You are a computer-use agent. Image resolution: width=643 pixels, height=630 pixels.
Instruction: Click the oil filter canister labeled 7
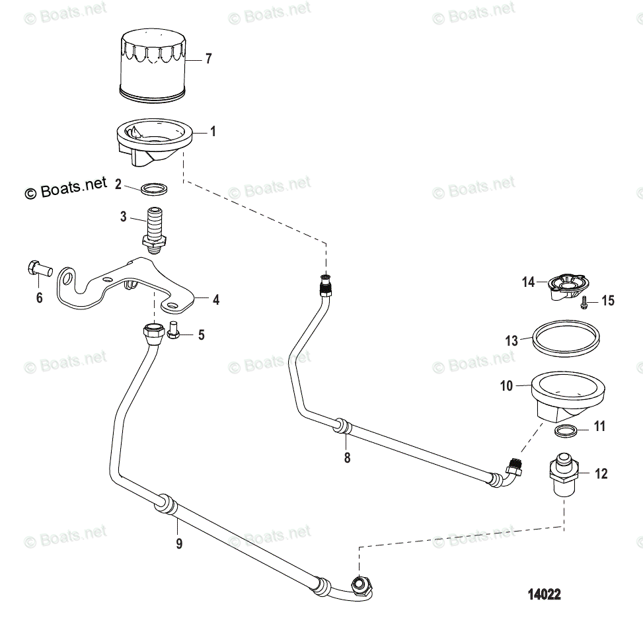click(153, 69)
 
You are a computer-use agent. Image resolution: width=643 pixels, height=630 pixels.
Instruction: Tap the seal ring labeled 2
click(154, 189)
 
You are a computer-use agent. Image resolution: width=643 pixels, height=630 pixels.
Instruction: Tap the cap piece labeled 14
click(565, 287)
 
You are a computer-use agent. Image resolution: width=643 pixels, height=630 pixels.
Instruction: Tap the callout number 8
click(347, 457)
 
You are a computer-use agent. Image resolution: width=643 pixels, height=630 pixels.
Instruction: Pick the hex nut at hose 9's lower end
click(360, 584)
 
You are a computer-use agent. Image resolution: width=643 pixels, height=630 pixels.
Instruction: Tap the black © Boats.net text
click(66, 190)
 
